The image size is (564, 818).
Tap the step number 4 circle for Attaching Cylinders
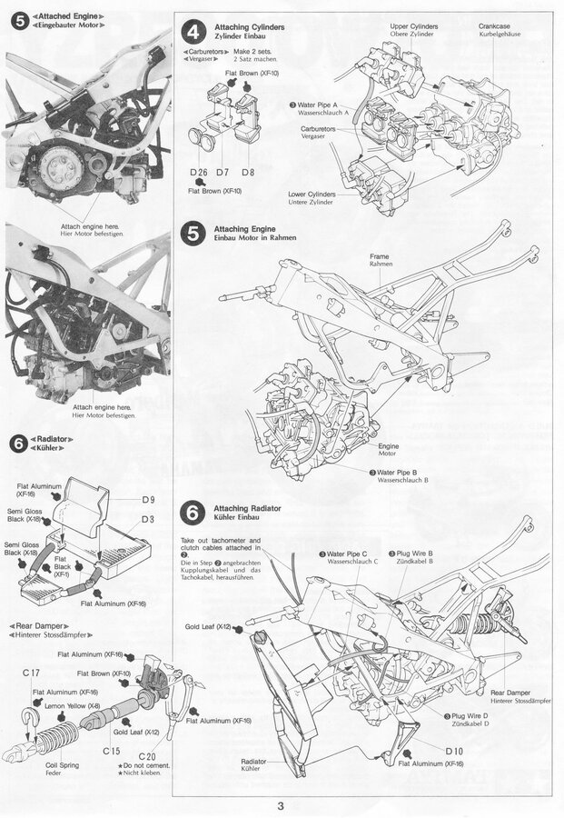point(193,34)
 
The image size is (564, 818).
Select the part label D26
point(200,173)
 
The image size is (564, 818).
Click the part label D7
point(223,173)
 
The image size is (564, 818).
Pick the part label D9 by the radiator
point(149,499)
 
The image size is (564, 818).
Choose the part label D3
point(149,519)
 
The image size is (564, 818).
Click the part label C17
point(31,673)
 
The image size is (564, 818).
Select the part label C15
point(112,751)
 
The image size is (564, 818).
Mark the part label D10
point(454,751)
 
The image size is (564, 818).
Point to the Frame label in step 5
point(380,257)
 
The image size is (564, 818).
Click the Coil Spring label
point(63,765)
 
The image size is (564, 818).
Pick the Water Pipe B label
point(402,473)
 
